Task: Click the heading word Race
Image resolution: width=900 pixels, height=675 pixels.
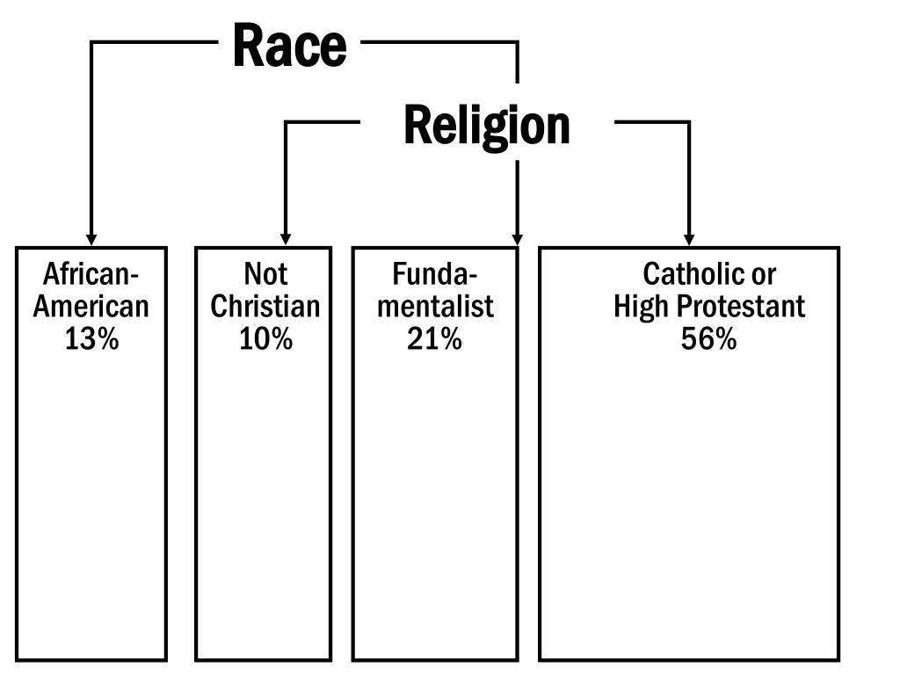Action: [x=289, y=46]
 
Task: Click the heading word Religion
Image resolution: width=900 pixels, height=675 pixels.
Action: [x=486, y=126]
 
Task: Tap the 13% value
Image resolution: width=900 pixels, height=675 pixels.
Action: [x=91, y=338]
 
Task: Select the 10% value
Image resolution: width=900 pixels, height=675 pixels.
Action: [x=265, y=338]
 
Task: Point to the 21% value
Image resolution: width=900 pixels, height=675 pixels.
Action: [x=434, y=338]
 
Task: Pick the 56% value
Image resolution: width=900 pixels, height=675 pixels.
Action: [x=708, y=338]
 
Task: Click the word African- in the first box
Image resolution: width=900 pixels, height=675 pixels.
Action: [x=91, y=275]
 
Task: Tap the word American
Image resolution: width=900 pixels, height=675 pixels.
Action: [x=91, y=307]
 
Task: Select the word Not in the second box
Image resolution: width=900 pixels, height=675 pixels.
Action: [x=265, y=275]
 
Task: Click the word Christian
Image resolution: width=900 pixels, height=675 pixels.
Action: [x=265, y=307]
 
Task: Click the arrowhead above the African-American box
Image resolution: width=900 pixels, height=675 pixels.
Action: [x=91, y=239]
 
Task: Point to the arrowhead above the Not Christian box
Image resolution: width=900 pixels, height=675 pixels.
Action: [x=285, y=239]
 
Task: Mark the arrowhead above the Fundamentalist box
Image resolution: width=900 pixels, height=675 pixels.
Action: [x=517, y=239]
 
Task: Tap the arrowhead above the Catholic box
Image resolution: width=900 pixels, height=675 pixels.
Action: [x=689, y=239]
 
